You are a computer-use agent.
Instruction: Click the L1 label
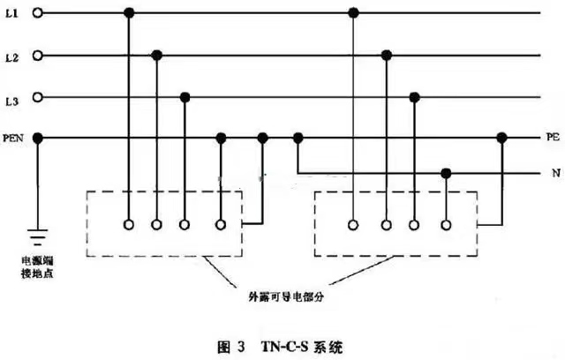(11, 14)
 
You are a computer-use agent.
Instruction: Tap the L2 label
(11, 57)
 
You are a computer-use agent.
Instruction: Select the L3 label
(11, 101)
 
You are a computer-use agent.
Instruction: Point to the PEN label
(13, 139)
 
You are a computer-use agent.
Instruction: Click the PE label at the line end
(554, 137)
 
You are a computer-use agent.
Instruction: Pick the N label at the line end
(556, 173)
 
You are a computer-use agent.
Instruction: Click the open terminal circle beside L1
(37, 13)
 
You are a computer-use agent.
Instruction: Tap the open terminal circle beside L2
(37, 56)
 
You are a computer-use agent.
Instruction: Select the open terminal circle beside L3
(37, 97)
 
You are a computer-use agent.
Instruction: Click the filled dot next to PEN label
(37, 138)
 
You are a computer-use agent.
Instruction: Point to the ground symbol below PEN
(37, 235)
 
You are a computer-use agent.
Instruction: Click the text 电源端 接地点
(37, 267)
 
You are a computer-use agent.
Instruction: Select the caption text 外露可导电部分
(286, 296)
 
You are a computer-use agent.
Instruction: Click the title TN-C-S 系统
(302, 347)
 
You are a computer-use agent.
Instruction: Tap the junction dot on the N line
(446, 174)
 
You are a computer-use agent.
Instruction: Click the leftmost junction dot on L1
(129, 13)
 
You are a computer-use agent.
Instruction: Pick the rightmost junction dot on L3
(414, 97)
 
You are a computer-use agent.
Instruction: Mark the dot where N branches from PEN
(298, 138)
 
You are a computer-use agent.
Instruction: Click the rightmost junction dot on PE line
(501, 138)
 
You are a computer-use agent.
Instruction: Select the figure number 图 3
(231, 347)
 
